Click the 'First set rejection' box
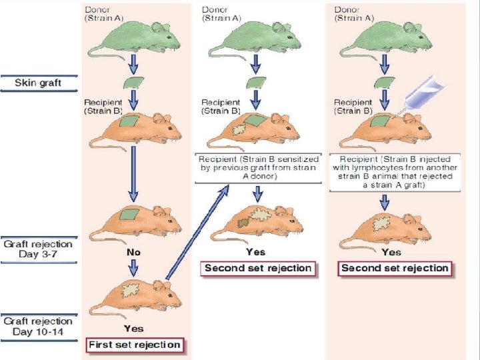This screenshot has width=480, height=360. click(x=135, y=345)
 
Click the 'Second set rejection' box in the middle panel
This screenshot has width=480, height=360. click(x=258, y=268)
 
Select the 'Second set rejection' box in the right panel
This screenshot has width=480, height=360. click(x=394, y=268)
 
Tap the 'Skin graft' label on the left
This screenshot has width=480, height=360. click(x=39, y=83)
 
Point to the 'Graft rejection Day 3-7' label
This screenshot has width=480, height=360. click(x=38, y=250)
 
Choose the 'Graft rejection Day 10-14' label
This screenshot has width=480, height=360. click(x=38, y=326)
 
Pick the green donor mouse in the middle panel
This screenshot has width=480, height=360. click(x=254, y=37)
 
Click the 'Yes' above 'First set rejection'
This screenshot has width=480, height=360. click(x=133, y=329)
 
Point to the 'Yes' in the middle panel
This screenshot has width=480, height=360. click(x=255, y=252)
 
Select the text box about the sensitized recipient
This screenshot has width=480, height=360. click(x=257, y=167)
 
